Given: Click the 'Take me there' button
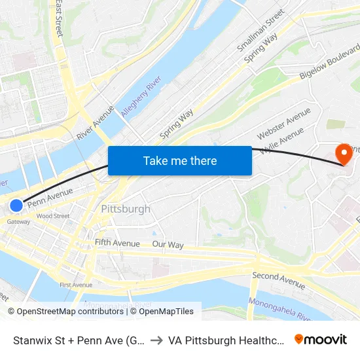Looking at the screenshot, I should point(180,160).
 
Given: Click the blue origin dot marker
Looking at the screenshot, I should point(16,206).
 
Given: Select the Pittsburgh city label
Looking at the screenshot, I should point(126,209).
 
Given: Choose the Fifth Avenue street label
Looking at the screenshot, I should point(117,243).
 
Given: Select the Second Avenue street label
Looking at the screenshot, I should point(278,280).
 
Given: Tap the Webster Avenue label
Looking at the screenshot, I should point(283,124).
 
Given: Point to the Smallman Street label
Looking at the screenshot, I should point(261,31).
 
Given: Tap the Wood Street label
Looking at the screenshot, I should point(53,216).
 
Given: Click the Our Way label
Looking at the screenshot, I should point(168,245).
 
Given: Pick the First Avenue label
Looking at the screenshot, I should point(76,285).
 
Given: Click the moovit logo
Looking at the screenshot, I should point(321,339).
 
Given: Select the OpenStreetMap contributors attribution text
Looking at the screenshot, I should point(65,312).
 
